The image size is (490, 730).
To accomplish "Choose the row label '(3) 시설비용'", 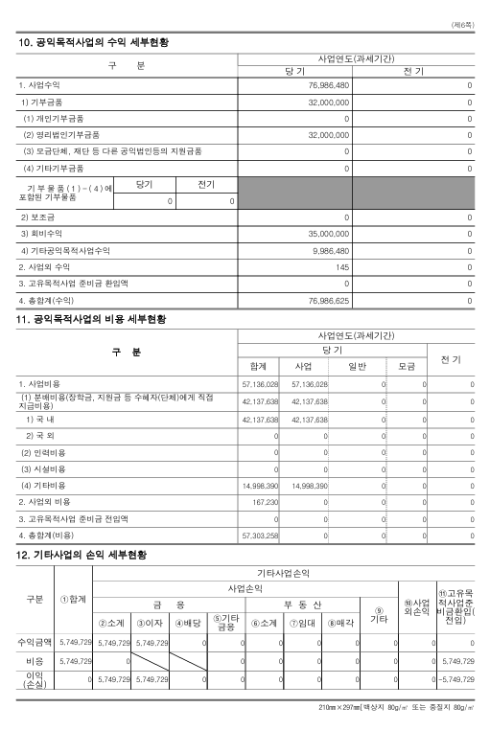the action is click(43, 468).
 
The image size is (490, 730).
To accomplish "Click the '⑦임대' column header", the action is click(305, 623).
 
